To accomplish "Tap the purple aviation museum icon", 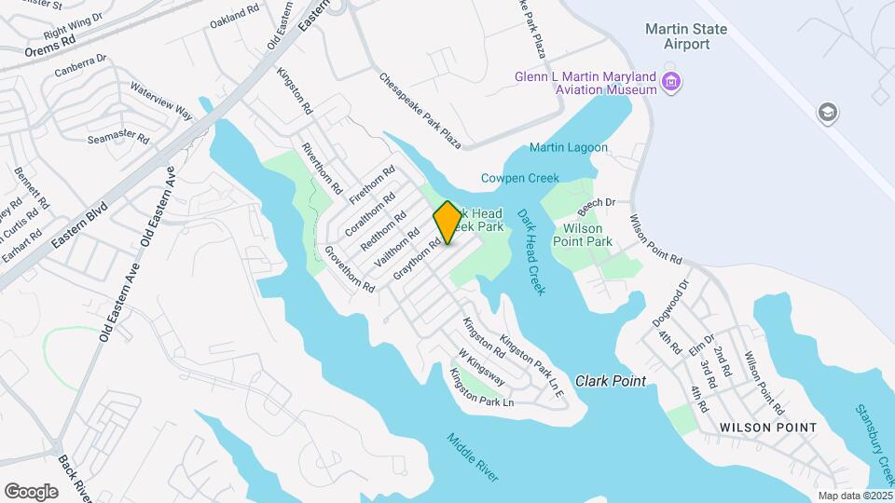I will [670, 84].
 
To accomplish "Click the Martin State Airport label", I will [685, 37].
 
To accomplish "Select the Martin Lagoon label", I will [569, 147].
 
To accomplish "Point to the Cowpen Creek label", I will [519, 178].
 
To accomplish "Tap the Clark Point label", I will [610, 381].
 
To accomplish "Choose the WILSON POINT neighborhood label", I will [768, 428].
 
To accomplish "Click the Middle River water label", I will [472, 457].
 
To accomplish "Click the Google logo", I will [31, 491].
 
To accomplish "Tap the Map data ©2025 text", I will [855, 496].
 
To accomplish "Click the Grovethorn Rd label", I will [350, 269].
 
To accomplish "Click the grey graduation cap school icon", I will [826, 114].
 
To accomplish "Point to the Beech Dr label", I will [598, 202].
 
